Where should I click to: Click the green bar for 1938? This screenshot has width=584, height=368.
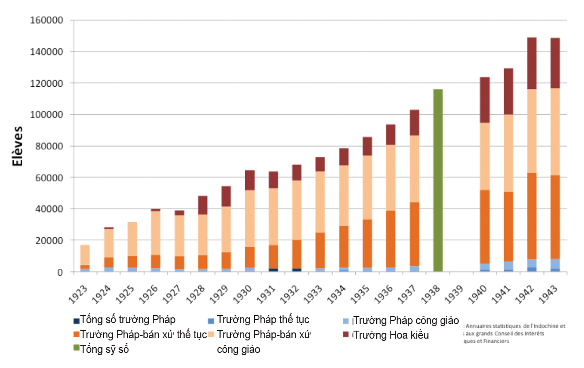438,180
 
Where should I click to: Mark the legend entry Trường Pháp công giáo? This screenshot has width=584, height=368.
406,320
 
